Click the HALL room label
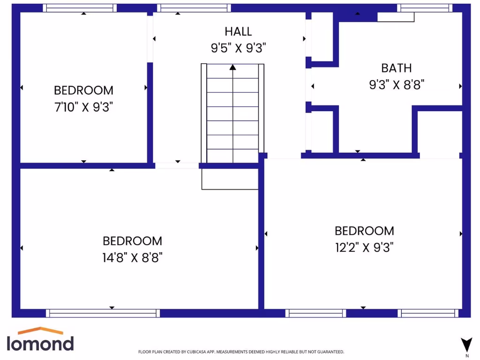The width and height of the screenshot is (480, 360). (x=238, y=31)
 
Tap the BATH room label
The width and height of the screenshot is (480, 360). (x=397, y=68)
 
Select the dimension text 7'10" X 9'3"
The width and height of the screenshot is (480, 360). (x=83, y=107)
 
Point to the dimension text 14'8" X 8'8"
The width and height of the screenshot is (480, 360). (x=132, y=257)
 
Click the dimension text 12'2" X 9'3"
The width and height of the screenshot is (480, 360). (x=364, y=247)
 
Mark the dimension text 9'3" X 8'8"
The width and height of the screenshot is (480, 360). (x=397, y=85)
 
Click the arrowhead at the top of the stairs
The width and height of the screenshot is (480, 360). (x=232, y=67)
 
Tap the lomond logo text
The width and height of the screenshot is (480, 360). (x=40, y=344)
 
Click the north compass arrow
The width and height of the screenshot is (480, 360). (x=466, y=345)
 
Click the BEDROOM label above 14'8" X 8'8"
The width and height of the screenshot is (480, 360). (x=132, y=241)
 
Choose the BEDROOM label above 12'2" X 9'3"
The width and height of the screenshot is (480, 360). (x=364, y=231)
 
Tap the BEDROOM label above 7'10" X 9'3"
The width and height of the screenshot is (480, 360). (x=83, y=90)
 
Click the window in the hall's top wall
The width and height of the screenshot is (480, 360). (x=194, y=8)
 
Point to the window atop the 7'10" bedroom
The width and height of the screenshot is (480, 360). (x=80, y=8)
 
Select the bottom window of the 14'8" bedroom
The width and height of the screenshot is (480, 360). (x=103, y=313)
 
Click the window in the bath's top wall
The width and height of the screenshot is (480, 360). (x=425, y=8)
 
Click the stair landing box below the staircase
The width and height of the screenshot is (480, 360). (x=230, y=179)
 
